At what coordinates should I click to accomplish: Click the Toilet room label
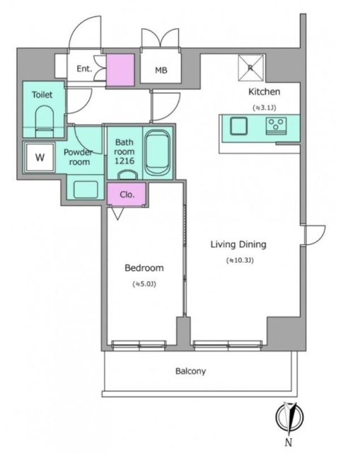point(42,94)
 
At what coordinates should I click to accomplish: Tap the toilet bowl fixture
point(45,121)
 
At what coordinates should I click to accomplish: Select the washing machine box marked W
point(40,157)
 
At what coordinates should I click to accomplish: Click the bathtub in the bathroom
point(158,154)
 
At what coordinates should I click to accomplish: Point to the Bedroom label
point(144,268)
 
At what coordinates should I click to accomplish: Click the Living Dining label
point(238,244)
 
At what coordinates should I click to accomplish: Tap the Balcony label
point(190,371)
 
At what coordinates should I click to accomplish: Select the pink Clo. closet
point(127,194)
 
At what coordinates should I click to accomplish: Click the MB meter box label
point(161,70)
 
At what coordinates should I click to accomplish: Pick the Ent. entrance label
point(84,69)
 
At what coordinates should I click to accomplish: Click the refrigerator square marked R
point(250,68)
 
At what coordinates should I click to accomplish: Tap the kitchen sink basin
point(238,126)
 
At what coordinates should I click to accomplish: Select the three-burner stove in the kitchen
point(277,126)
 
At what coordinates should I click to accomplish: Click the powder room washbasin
point(86,189)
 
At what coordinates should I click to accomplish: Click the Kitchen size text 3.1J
point(265,108)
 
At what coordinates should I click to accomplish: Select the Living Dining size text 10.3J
point(240,260)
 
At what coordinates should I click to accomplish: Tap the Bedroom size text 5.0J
point(144,284)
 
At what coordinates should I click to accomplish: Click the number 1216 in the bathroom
point(124,161)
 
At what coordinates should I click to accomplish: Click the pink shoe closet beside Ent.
point(120,70)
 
